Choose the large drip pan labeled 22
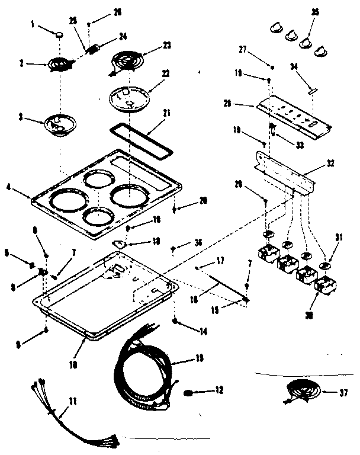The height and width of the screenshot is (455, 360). pos(128,97)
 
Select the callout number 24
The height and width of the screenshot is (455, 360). pos(123,36)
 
